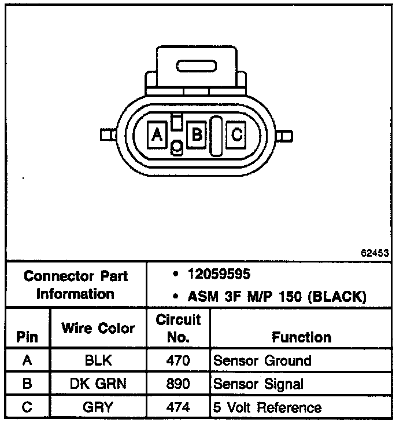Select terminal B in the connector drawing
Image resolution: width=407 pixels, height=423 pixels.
[x=197, y=136]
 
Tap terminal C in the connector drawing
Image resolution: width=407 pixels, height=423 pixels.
[x=236, y=136]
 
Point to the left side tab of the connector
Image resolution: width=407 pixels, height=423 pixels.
[x=106, y=136]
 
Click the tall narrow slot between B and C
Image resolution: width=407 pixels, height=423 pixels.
[x=216, y=136]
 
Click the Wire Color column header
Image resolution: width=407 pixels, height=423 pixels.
[x=98, y=329]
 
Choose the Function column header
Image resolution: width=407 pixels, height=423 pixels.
[x=301, y=337]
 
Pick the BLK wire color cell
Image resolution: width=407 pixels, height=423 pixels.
[x=98, y=361]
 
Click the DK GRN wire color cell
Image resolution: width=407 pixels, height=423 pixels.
[x=98, y=384]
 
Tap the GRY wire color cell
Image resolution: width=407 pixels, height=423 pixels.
[x=98, y=407]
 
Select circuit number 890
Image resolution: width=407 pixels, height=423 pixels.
[x=178, y=384]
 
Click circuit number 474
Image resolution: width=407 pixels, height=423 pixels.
[x=178, y=407]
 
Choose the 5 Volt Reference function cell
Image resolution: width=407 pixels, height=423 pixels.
[x=267, y=407]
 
